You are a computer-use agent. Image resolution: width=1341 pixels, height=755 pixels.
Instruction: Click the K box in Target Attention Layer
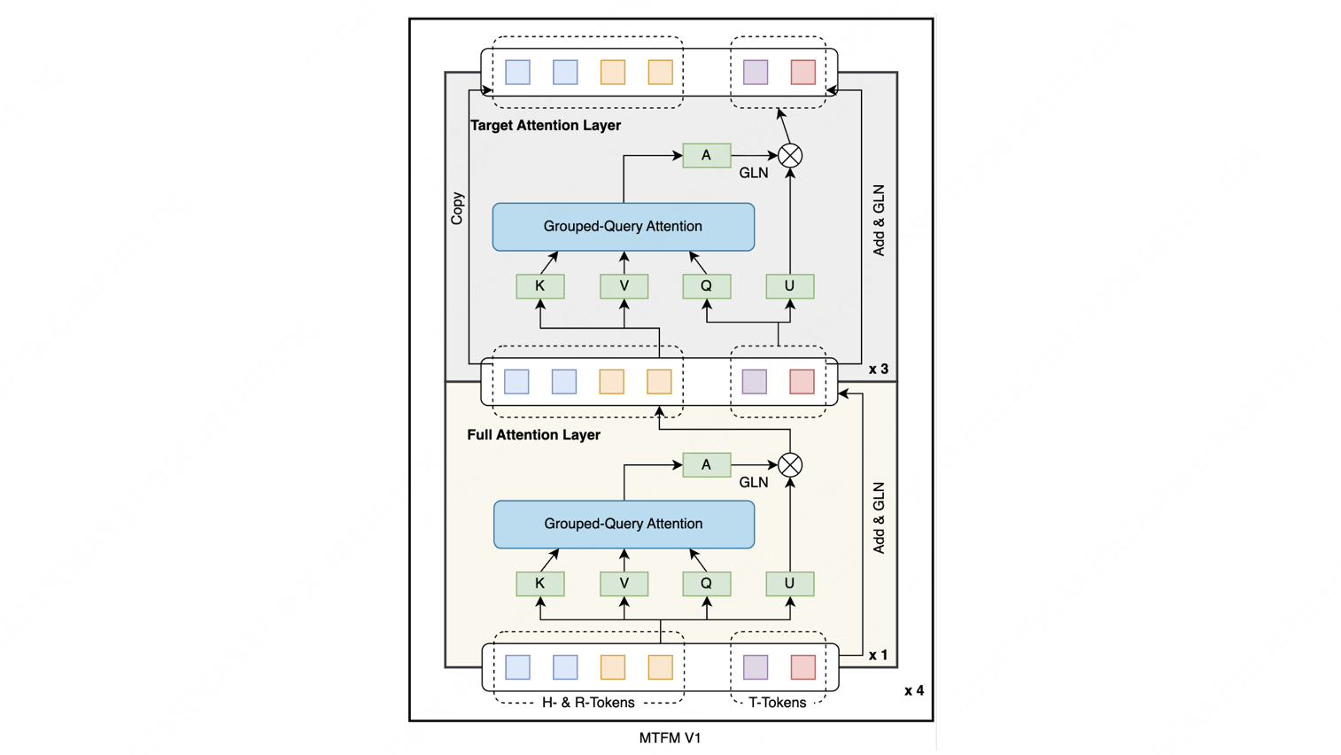coord(540,286)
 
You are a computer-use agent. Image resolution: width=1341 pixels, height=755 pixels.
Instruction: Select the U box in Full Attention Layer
coord(790,584)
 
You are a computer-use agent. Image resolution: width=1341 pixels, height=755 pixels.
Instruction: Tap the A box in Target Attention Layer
coord(707,156)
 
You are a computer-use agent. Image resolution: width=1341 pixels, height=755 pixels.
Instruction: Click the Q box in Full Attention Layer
coord(707,584)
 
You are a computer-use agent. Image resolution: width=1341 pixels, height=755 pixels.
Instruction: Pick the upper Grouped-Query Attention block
coord(624,227)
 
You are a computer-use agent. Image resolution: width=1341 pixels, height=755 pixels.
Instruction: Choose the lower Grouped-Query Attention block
coord(624,525)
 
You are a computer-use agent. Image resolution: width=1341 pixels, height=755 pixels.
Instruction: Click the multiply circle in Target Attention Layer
coord(790,156)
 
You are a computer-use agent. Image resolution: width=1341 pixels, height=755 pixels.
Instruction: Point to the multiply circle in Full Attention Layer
coord(790,465)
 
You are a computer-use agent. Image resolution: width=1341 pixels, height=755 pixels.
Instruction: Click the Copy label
coord(457,208)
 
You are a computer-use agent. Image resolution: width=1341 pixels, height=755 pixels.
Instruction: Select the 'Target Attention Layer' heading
coord(546,125)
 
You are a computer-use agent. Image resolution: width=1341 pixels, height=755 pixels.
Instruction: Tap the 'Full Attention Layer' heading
coord(533,435)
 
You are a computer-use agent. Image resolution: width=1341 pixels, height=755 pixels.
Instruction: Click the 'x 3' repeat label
coord(879,369)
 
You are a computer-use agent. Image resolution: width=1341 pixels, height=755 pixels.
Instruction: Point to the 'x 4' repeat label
coord(913,690)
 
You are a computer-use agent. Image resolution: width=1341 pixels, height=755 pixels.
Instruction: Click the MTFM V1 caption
coord(670,738)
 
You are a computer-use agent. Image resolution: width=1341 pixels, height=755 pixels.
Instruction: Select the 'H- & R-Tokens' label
coord(588,703)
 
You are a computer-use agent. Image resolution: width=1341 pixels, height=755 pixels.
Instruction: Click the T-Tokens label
coord(777,703)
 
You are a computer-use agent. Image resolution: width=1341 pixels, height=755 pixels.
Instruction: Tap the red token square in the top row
coord(802,73)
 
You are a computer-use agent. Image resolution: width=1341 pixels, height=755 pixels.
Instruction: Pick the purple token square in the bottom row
coord(756,667)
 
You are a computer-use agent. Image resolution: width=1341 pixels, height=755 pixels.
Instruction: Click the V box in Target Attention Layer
coord(624,286)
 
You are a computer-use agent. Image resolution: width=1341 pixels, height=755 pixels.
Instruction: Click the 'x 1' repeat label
coord(879,655)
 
